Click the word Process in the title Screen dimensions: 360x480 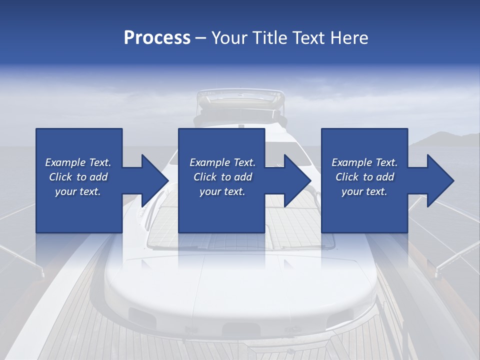point(157,38)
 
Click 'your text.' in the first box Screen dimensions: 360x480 point(78,191)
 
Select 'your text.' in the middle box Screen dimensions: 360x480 point(222,191)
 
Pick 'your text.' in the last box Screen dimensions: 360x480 point(364,191)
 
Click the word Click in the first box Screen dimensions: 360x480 point(60,177)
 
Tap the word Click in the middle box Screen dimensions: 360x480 point(205,177)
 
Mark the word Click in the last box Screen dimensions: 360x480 point(347,177)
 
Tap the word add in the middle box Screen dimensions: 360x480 point(243,177)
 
